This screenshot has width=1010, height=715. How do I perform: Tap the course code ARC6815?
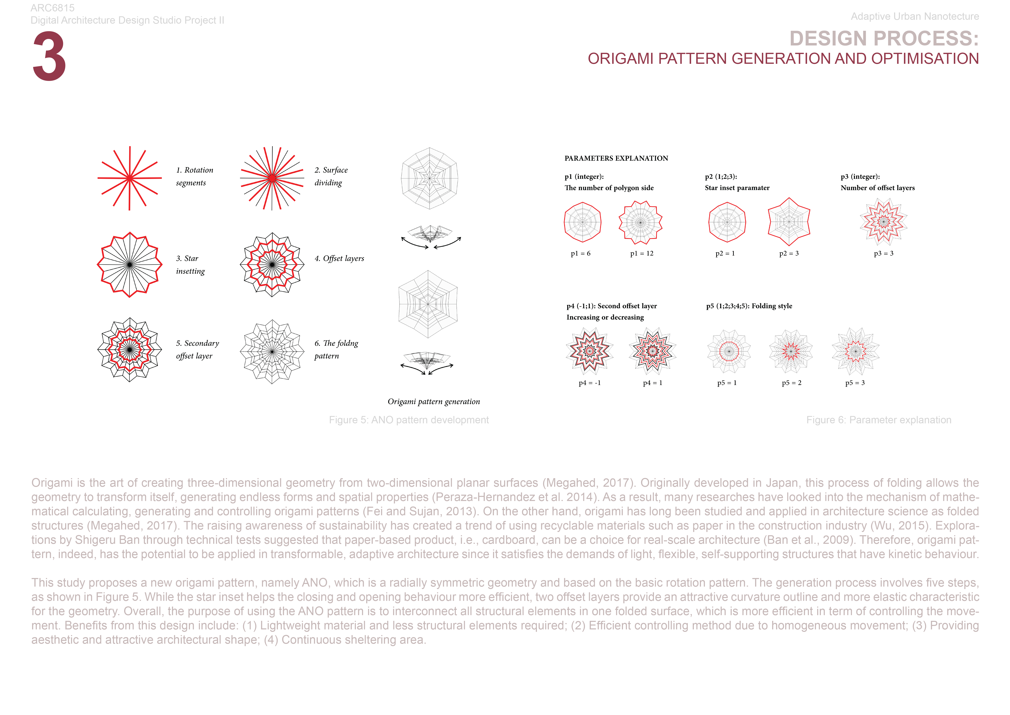click(52, 8)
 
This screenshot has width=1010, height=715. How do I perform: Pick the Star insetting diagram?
click(129, 265)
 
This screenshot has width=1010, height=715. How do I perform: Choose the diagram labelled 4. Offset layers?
click(272, 265)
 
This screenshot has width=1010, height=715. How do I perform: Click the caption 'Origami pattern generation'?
click(433, 402)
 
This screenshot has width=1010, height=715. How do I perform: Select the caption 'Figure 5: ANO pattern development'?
click(409, 420)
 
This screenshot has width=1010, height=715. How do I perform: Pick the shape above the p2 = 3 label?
click(789, 222)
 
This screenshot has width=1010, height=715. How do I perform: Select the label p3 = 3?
click(883, 254)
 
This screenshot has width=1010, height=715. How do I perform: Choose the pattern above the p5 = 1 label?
click(728, 351)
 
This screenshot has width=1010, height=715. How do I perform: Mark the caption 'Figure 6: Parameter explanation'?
click(878, 420)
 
